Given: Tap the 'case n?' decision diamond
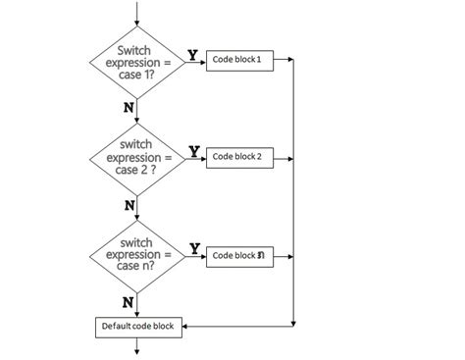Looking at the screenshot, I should pos(137,254).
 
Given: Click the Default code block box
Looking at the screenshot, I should pos(138,326).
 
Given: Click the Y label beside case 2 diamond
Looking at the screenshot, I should pos(194,151).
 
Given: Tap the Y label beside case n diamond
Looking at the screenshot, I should pos(195,248).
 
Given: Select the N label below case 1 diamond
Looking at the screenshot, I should pos(129,107).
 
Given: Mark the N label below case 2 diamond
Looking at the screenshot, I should pos(129,204).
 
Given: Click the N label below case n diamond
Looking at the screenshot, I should pos(128,300).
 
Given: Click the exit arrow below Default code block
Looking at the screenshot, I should pos(137,344).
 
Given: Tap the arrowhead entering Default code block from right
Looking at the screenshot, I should pos(187,326).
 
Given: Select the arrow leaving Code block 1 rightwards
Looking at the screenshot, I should pos(282,61).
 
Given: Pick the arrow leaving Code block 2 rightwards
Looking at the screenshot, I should pos(282,157).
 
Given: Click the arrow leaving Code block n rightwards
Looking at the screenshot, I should pos(282,255).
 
